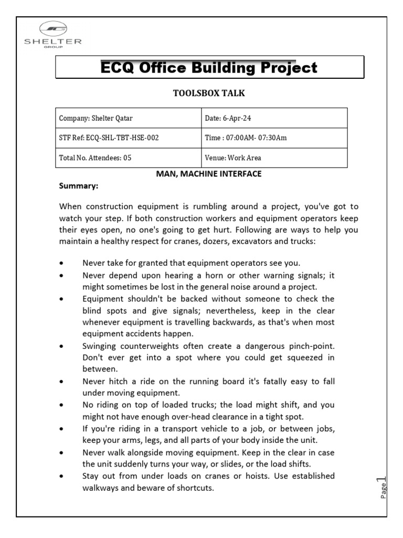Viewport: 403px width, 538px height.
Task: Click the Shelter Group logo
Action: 52,35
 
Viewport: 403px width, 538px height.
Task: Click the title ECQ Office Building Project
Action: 209,67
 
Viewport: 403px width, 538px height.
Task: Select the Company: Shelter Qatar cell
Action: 129,118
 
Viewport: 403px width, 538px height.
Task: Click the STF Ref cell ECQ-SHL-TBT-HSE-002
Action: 129,138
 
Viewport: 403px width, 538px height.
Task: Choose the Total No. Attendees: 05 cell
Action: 129,157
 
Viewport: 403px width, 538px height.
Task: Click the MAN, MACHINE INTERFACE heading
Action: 209,174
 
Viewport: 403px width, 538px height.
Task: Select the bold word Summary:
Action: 78,186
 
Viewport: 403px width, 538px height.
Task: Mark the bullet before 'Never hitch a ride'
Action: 63,381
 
